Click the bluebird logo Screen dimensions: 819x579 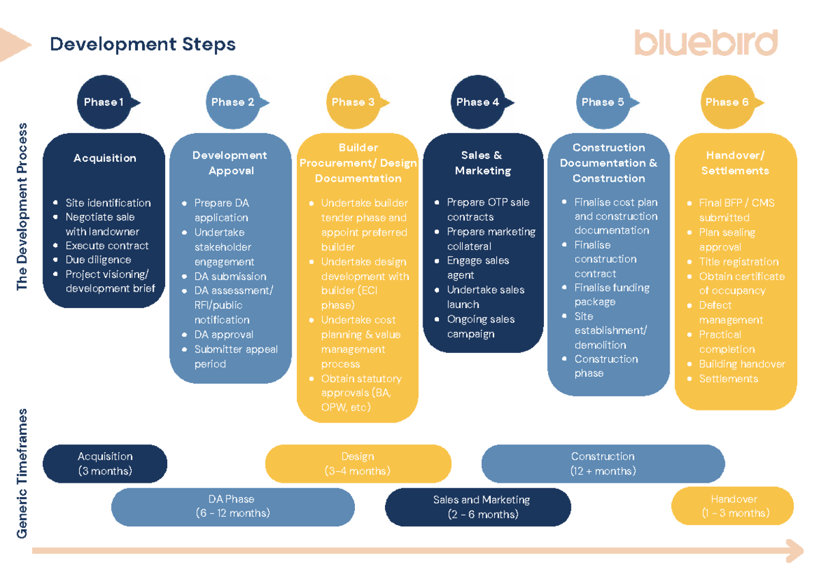pos(706,42)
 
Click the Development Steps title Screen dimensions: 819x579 pos(143,44)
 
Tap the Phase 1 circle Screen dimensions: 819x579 pos(104,102)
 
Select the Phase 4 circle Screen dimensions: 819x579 pos(478,102)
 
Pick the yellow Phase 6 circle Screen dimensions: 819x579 pos(728,102)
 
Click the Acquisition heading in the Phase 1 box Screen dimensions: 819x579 pos(105,158)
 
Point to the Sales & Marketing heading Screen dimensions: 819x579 pos(483,163)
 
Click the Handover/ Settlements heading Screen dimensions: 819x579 pos(735,163)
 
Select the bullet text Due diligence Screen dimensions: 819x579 pos(98,259)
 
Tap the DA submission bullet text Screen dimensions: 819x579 pos(231,276)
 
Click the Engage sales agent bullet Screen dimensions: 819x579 pos(478,268)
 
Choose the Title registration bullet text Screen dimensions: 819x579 pos(739,262)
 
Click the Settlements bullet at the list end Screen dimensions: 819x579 pos(729,378)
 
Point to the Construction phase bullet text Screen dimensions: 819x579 pos(606,366)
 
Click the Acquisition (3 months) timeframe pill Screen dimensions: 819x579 pos(105,464)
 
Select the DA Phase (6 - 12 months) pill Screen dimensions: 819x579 pos(233,507)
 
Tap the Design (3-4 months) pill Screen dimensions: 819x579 pos(358,464)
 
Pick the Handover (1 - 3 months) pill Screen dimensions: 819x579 pos(733,506)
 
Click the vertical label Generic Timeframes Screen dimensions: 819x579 pos(22,473)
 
